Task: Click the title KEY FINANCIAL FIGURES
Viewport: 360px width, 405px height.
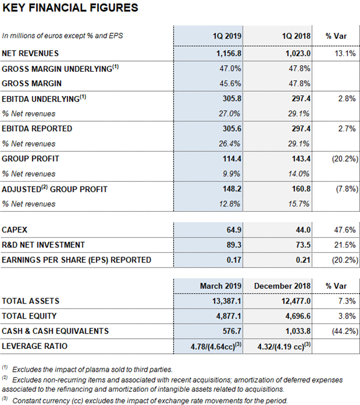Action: [70, 8]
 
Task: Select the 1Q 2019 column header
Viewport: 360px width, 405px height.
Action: [227, 36]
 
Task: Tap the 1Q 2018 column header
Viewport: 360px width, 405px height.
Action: [296, 36]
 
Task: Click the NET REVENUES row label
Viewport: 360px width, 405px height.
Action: [30, 54]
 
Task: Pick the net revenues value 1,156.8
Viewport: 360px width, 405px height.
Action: [229, 54]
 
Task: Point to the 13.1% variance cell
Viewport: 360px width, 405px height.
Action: [345, 54]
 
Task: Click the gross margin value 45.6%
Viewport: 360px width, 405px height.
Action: [230, 83]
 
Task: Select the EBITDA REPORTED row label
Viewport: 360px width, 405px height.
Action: [37, 129]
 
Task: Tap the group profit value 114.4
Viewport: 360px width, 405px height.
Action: [232, 159]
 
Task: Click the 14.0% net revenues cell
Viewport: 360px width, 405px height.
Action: [298, 174]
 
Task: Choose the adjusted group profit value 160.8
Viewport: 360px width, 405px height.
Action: [301, 189]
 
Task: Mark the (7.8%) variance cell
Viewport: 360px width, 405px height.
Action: [347, 189]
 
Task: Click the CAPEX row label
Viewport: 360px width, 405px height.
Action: [14, 230]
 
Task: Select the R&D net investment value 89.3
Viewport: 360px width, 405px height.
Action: [234, 245]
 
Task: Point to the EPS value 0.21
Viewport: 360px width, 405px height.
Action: [303, 260]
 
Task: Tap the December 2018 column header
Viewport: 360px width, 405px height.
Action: [282, 286]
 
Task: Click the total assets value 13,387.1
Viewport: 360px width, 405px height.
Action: [227, 301]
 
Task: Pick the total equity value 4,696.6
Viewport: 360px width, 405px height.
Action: [298, 316]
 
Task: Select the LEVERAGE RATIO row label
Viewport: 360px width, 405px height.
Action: [34, 346]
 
